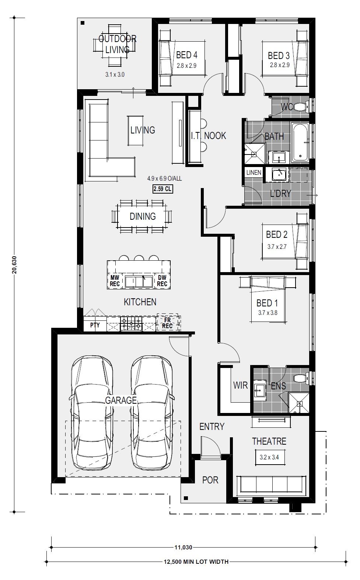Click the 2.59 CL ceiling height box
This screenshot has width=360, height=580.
point(162,189)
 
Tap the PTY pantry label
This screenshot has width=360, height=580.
point(95,325)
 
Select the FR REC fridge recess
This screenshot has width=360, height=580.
point(167,323)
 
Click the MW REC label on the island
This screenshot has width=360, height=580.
point(115,281)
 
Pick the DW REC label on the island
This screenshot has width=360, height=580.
point(162,281)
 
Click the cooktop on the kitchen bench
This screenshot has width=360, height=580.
point(131,323)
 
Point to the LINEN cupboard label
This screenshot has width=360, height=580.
point(254,173)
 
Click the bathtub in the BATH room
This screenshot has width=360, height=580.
point(300,142)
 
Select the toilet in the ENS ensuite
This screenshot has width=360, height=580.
point(301,378)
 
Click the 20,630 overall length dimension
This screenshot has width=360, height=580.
point(14,265)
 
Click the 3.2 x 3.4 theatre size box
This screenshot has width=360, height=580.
point(269,457)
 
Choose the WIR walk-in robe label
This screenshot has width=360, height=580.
point(241,385)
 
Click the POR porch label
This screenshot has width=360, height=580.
point(210,480)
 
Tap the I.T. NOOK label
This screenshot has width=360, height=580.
point(209,135)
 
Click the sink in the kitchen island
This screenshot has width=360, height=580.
point(139,282)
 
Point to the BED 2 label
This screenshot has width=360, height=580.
point(277,235)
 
